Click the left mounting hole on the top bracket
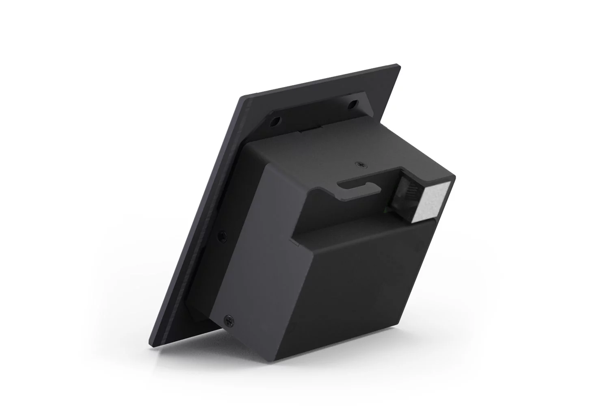coord(276,121)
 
